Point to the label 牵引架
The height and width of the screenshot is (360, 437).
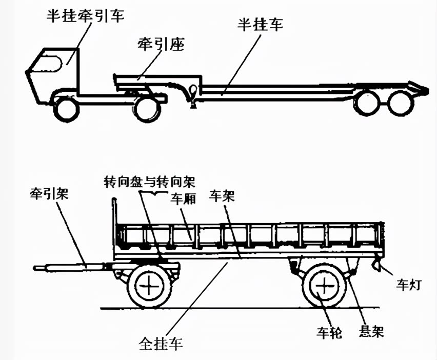coord(50,194)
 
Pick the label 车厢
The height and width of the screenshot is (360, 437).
coord(183,199)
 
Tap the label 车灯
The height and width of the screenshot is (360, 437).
coord(408,284)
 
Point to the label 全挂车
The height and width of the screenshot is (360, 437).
coord(161,342)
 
